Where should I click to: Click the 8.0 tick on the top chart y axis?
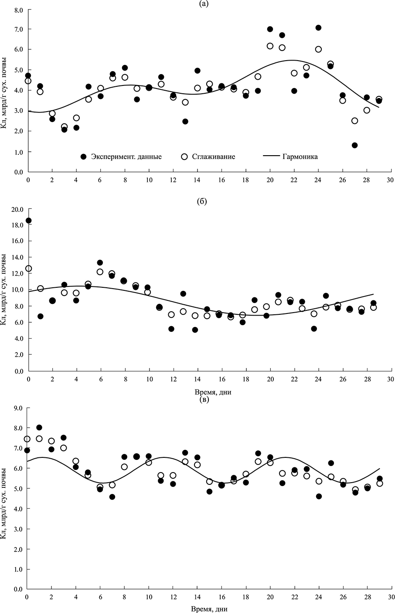tap(19, 9)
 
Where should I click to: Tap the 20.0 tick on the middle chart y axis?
tap(17, 209)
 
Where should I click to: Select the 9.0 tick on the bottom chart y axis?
tap(19, 408)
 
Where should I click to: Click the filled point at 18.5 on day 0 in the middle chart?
tap(28, 221)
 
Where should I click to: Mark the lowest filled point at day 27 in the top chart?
tap(354, 145)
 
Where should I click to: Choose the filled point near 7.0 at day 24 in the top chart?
tap(318, 28)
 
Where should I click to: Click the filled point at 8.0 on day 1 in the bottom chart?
tap(39, 428)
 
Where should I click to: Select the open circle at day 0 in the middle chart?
tap(29, 269)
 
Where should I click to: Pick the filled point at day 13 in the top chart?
tap(185, 121)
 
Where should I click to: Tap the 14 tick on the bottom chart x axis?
tap(197, 597)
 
